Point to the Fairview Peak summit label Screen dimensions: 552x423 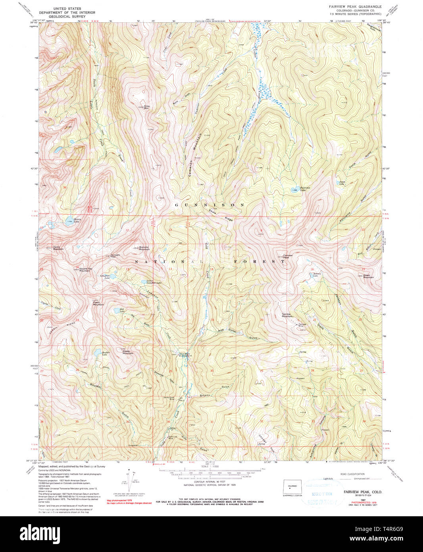288,257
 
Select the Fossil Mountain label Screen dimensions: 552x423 98,303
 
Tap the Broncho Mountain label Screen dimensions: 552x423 144,248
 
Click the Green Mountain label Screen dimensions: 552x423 368,276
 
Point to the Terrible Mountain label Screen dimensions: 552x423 287,315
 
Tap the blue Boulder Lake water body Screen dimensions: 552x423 97,351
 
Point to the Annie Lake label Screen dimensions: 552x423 341,183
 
